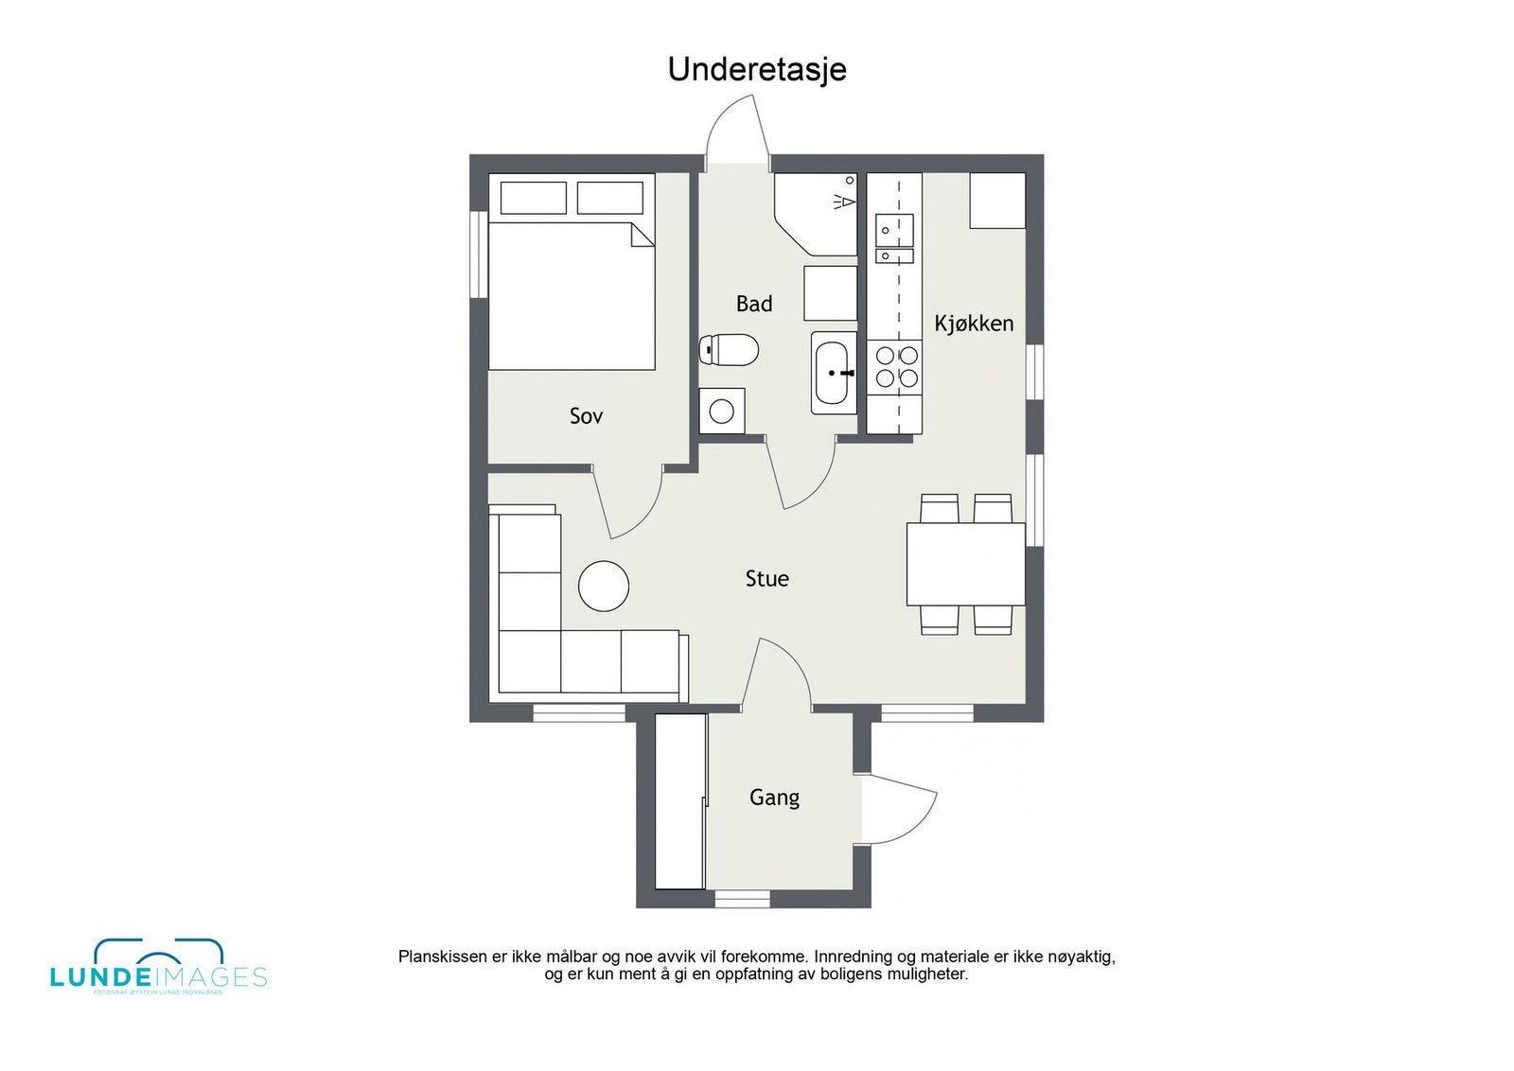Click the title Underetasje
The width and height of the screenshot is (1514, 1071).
click(757, 69)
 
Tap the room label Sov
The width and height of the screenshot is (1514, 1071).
click(586, 415)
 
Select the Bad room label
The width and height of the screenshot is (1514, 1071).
click(754, 304)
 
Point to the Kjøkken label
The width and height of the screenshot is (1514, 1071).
click(974, 324)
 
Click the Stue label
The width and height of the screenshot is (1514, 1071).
click(766, 579)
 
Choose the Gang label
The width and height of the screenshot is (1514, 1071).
click(774, 798)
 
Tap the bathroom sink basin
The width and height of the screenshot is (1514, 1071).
click(833, 373)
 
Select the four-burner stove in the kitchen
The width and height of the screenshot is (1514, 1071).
click(896, 367)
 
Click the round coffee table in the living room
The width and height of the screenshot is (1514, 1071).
click(604, 586)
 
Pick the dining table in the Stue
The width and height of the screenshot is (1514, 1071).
click(965, 564)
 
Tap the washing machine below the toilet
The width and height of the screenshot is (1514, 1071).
click(721, 411)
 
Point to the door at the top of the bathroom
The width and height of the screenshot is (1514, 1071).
click(738, 128)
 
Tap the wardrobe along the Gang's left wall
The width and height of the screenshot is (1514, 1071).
click(680, 801)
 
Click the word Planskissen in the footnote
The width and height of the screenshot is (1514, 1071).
click(442, 957)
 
